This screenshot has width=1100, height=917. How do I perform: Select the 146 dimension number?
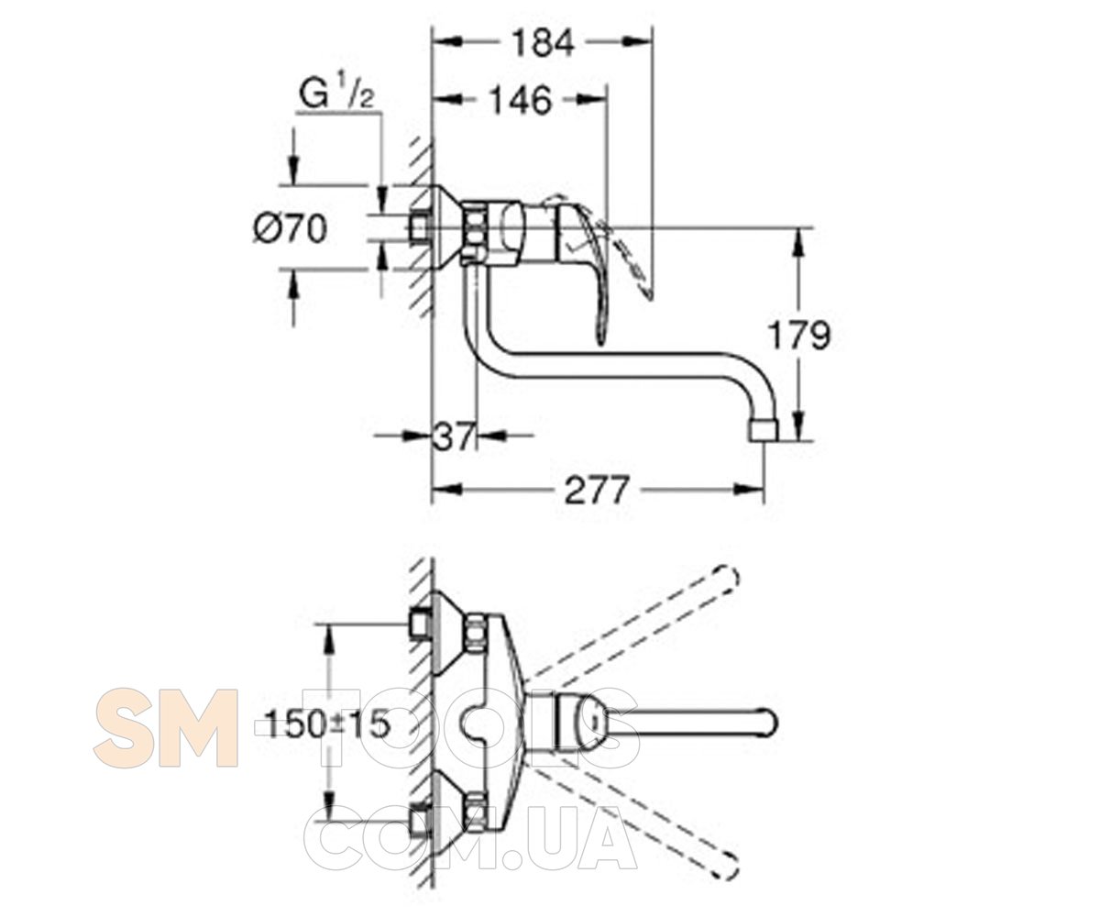click(522, 100)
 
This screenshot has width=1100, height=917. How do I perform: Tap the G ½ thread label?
click(336, 94)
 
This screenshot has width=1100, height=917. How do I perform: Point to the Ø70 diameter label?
click(291, 229)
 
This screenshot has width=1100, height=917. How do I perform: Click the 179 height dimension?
click(799, 336)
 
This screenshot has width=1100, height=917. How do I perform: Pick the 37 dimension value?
click(454, 435)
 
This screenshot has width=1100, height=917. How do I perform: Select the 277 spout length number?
click(597, 490)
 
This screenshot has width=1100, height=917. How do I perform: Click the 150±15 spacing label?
click(327, 725)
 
